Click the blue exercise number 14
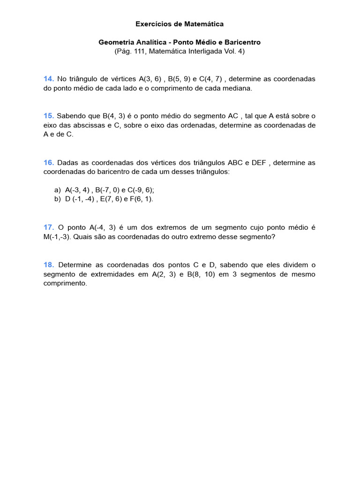click(x=49, y=79)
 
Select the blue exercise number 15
click(x=49, y=116)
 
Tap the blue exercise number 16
click(x=49, y=162)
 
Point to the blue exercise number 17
click(x=49, y=227)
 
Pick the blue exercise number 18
click(x=49, y=264)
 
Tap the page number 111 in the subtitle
click(x=137, y=51)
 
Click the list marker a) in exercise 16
click(x=58, y=190)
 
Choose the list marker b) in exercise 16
click(x=58, y=199)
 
